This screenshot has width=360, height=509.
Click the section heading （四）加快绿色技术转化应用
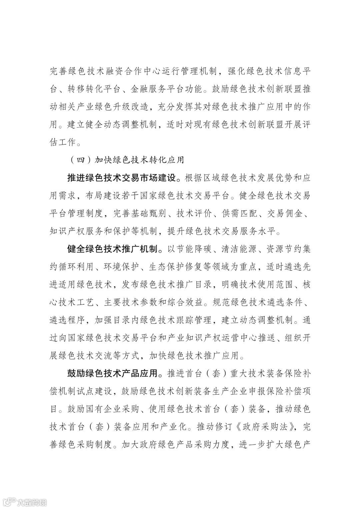coord(127,160)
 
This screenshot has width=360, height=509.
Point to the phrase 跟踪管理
coord(193,320)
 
